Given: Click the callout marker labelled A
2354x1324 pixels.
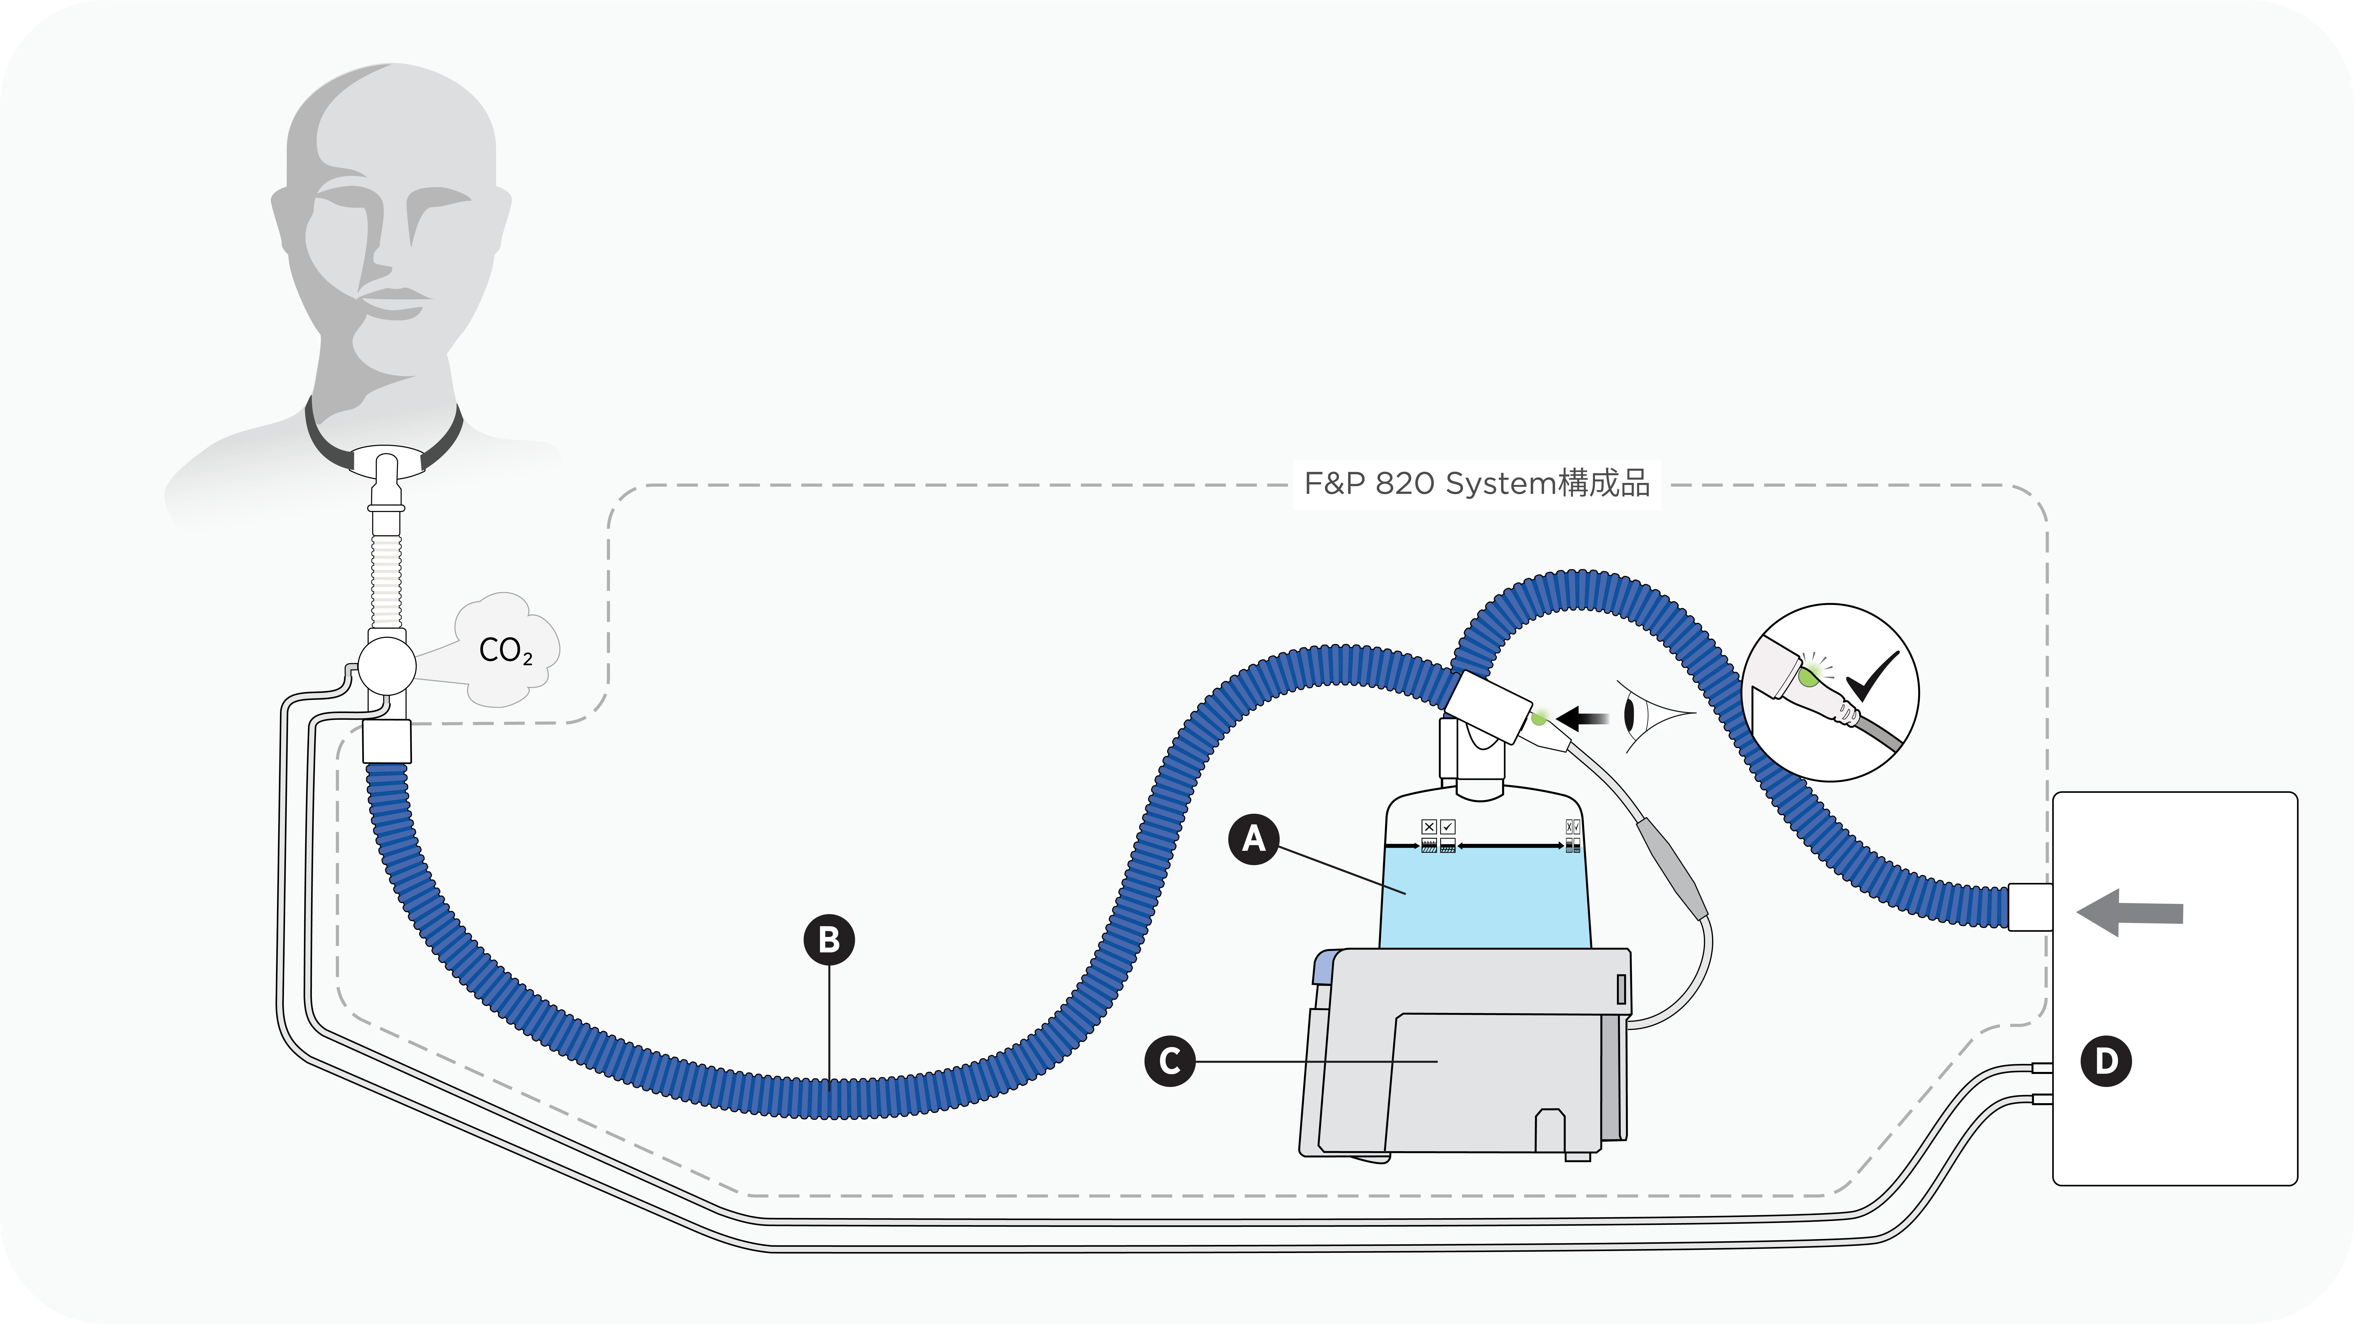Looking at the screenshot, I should point(1254,839).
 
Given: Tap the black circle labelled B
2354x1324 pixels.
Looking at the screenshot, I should point(829,939).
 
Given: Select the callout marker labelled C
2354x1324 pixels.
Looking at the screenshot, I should point(1170,1061).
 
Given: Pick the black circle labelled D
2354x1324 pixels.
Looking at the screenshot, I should point(2106,1061).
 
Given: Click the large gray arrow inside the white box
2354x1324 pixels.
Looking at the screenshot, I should point(2129,913).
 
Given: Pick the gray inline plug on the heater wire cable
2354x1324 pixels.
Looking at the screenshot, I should point(1674,868).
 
